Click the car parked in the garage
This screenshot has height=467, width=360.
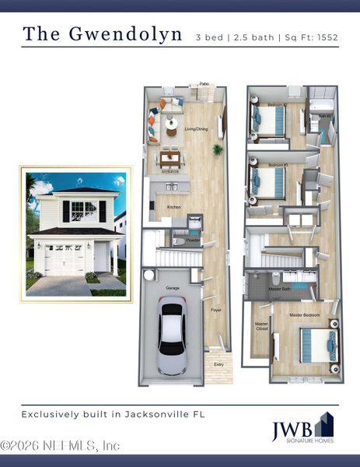pos(171,338)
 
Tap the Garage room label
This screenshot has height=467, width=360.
pos(173,287)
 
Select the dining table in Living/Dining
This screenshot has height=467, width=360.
pos(171,159)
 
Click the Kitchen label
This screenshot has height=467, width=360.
pos(173,206)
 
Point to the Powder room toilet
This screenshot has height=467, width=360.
pos(177,242)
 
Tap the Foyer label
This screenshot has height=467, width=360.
pos(216,310)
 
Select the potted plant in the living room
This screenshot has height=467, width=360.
pos(218,149)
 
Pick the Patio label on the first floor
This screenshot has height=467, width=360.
pos(204,83)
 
